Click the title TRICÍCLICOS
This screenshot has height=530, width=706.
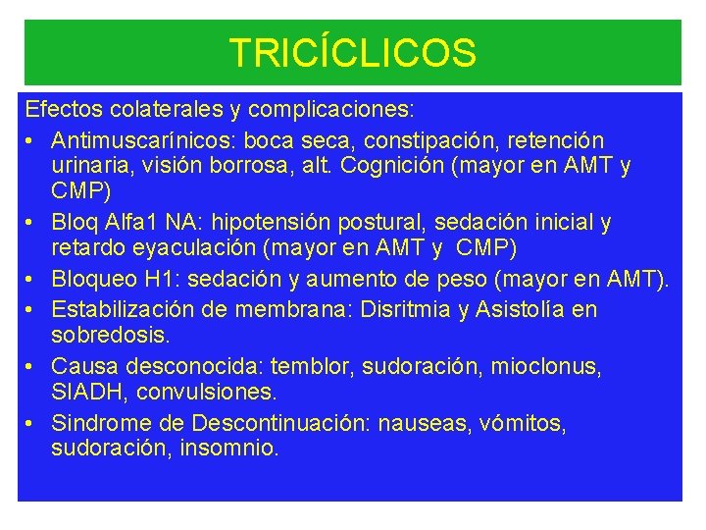pyautogui.click(x=352, y=53)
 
